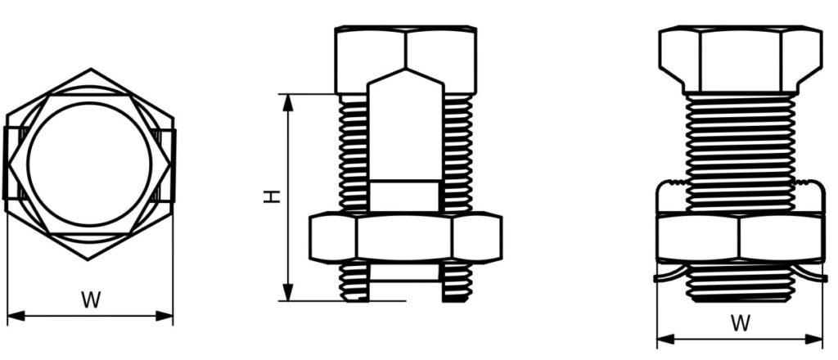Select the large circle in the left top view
89,164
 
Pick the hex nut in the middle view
405,237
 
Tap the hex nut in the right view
740,237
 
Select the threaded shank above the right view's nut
740,151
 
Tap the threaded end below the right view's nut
740,282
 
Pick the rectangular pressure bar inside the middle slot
405,196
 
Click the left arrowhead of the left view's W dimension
12,315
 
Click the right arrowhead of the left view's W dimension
168,315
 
